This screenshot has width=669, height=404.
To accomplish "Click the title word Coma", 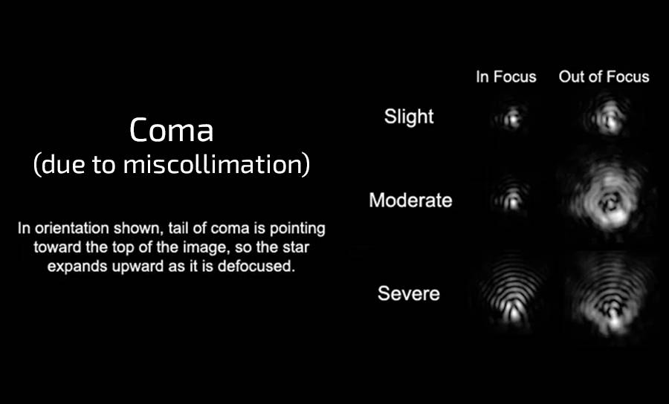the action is [171, 130].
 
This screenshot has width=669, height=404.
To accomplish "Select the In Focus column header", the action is [506, 76].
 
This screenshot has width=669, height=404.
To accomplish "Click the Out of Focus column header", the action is [604, 76].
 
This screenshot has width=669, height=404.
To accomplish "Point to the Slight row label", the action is [409, 117].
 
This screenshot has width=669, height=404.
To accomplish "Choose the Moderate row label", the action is [410, 200].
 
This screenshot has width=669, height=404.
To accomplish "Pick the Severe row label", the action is [409, 293].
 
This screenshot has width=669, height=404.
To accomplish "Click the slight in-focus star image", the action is [510, 117].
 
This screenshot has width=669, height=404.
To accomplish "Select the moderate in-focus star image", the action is [510, 195].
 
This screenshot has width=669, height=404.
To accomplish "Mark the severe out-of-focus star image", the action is [610, 294].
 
